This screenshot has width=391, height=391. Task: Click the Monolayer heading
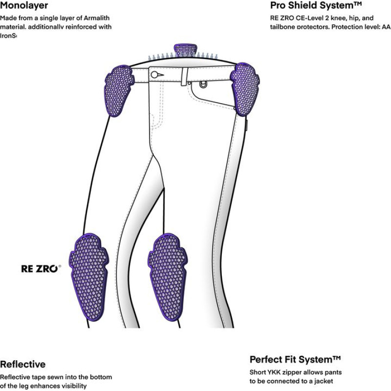(x=24, y=6)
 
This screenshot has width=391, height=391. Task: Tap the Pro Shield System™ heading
(x=316, y=6)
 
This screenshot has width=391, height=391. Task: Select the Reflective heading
(x=22, y=364)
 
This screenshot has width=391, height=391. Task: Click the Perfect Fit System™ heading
(x=295, y=360)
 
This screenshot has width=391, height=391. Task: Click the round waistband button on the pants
(x=154, y=74)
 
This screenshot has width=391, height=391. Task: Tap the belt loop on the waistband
(x=185, y=76)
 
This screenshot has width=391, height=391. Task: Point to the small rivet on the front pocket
(x=203, y=84)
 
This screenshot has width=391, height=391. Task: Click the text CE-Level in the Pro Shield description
(x=305, y=18)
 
